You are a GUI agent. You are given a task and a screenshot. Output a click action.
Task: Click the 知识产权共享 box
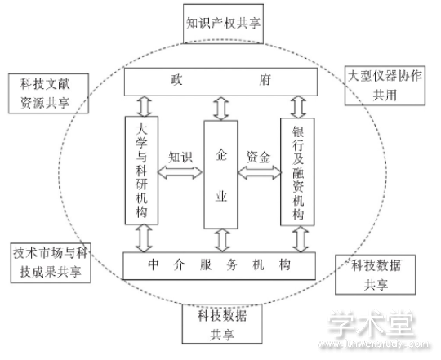click(223, 24)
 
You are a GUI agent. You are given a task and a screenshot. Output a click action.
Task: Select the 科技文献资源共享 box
click(49, 93)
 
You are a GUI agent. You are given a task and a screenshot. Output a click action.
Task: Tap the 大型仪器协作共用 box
click(385, 86)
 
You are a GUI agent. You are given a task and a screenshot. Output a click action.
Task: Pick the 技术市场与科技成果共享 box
click(51, 263)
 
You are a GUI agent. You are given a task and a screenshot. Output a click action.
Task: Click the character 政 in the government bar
click(177, 80)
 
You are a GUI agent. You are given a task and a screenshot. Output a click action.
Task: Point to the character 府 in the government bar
click(265, 80)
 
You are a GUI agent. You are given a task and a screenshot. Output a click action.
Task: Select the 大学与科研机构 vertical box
click(141, 171)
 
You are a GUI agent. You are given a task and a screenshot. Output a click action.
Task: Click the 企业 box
click(221, 175)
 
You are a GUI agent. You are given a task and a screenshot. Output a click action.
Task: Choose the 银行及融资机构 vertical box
click(297, 171)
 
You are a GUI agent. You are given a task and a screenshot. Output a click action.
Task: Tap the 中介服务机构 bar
click(220, 265)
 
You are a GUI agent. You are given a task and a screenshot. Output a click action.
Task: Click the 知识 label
click(180, 157)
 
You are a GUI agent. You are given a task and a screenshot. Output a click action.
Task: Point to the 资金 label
click(258, 157)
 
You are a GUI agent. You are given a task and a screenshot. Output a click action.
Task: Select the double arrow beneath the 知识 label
click(180, 172)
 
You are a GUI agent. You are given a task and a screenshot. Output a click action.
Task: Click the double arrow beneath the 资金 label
click(260, 172)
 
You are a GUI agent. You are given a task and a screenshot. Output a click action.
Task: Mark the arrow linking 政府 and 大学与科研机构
click(145, 106)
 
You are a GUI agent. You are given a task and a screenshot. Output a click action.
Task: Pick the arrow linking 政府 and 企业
click(221, 109)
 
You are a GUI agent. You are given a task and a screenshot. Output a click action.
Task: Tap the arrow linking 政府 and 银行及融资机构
click(298, 107)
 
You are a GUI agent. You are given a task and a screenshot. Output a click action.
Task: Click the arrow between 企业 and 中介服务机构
click(222, 240)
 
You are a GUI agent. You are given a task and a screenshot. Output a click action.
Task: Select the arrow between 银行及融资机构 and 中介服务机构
click(301, 239)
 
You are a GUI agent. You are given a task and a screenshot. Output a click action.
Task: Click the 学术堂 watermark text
click(372, 324)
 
